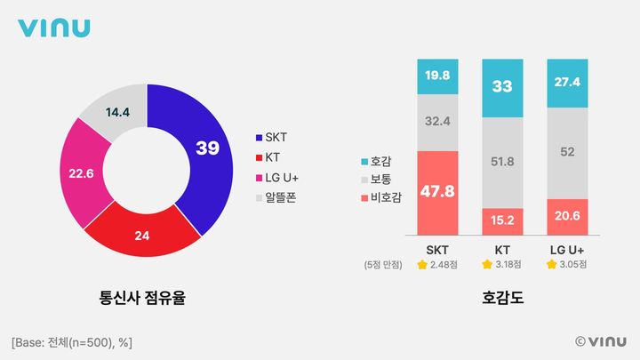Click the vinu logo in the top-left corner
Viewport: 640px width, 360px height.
click(x=54, y=28)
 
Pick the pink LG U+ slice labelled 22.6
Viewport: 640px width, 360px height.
click(x=81, y=174)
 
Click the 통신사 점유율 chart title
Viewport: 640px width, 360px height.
click(x=147, y=299)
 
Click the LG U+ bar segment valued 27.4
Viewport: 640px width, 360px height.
click(x=568, y=83)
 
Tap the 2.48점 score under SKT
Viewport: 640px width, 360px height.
click(x=444, y=265)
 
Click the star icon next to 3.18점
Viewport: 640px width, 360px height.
click(x=487, y=265)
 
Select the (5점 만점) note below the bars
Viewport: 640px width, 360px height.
click(x=383, y=265)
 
